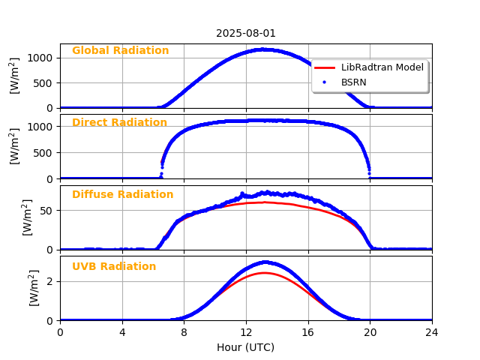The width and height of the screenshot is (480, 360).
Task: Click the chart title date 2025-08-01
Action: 246,34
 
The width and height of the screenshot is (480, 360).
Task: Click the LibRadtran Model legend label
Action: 382,67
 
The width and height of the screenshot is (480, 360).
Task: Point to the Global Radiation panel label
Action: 120,51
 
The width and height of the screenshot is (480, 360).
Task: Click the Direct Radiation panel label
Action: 119,123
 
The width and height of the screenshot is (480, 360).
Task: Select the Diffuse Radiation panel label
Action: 122,195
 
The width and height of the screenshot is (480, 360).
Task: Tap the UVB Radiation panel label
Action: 114,267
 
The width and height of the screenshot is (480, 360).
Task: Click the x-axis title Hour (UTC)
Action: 246,347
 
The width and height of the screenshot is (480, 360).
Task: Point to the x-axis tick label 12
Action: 246,332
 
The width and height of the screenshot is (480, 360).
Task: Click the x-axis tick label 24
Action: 432,332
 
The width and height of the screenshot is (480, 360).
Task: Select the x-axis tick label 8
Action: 184,332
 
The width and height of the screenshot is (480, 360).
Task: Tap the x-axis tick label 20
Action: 370,332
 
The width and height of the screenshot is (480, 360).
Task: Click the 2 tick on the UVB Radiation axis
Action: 51,282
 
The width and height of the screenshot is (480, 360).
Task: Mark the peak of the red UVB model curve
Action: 264,272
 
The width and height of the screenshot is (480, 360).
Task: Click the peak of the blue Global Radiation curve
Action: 262,49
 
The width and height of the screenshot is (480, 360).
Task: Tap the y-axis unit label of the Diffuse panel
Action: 27,217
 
